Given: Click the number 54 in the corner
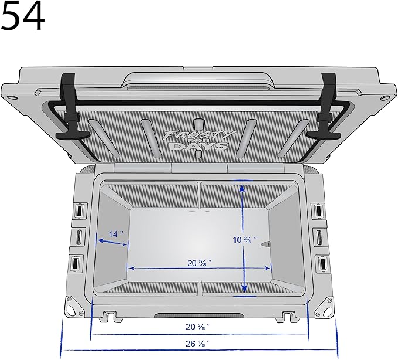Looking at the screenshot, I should tap(23, 16).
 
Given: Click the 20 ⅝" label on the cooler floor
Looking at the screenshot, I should tap(200, 263).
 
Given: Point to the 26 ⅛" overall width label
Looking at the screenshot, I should tap(199, 342).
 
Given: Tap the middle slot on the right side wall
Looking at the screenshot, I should tap(319, 237).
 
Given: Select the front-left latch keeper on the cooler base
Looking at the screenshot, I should tap(109, 317).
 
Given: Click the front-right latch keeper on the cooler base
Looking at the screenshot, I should tap(288, 317).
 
